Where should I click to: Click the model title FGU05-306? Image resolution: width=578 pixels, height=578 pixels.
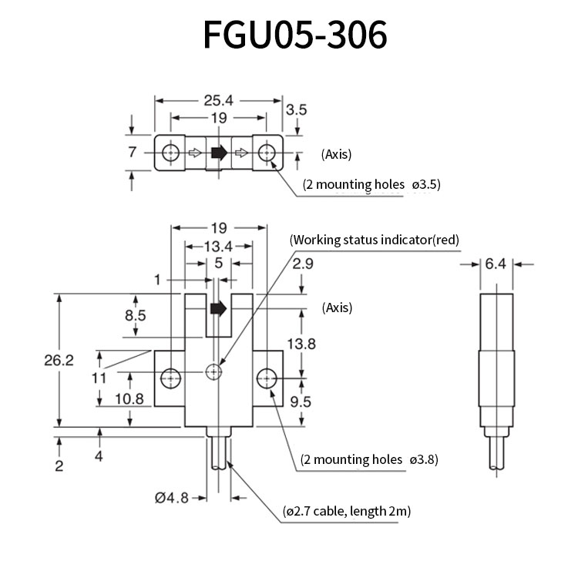tap(295, 35)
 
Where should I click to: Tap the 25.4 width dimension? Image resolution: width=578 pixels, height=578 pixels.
tap(219, 100)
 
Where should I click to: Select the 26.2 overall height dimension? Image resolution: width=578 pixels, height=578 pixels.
tap(59, 360)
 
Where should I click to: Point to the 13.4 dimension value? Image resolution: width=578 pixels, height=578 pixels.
tap(219, 247)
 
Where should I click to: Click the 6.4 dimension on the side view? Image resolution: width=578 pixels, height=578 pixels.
tap(496, 264)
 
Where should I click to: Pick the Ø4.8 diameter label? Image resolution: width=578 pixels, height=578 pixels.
tap(172, 498)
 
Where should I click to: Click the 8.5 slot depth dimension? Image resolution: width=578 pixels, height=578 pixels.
tap(136, 315)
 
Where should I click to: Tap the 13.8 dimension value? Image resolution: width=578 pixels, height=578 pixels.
tap(301, 344)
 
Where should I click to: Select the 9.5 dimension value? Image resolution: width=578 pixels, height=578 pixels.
tap(301, 402)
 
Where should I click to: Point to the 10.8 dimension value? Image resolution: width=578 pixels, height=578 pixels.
tap(129, 399)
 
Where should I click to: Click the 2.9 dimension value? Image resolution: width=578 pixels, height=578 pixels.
tap(303, 264)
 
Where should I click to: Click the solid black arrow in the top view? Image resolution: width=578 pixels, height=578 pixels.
tap(219, 153)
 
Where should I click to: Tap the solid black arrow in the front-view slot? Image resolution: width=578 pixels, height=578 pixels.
tap(218, 308)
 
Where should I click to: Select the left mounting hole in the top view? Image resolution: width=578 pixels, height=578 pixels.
tap(170, 153)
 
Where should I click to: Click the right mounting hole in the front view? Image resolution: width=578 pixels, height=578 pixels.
tap(267, 378)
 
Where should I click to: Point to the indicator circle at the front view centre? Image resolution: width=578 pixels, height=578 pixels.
tap(213, 371)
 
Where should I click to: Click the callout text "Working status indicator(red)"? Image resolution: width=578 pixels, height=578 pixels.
tap(375, 240)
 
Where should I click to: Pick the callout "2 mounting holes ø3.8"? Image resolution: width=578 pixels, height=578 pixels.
tap(369, 459)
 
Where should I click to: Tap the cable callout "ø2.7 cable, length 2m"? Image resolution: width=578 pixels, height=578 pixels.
tap(347, 511)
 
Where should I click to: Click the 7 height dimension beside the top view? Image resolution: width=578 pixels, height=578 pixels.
tap(133, 152)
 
